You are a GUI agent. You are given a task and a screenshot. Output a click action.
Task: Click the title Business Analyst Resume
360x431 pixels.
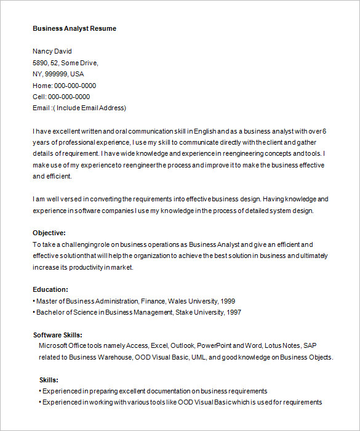tap(74, 28)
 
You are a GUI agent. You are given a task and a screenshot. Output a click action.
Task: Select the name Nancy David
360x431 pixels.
tap(52, 51)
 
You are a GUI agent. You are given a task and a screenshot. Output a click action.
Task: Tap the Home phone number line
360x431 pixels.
tap(64, 86)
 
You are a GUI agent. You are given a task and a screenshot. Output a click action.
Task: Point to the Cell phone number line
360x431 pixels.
tap(61, 97)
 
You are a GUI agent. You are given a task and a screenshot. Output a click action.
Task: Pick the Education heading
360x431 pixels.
tap(50, 289)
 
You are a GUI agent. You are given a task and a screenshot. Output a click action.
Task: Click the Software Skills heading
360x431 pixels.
tap(58, 335)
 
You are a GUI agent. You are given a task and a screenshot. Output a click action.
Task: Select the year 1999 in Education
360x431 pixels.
tap(227, 301)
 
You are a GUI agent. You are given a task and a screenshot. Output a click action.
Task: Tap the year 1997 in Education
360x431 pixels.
tap(233, 312)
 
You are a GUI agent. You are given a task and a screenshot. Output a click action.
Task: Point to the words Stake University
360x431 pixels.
tap(198, 312)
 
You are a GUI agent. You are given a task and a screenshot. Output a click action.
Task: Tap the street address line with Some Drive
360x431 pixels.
tap(65, 63)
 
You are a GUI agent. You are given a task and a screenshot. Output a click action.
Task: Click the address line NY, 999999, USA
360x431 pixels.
tap(58, 74)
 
